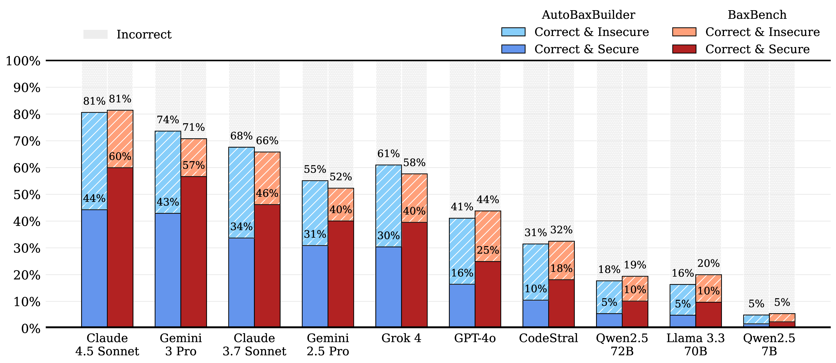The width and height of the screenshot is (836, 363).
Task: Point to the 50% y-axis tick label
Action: pos(27,195)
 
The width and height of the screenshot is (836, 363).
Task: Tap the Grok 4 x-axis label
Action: pos(402,338)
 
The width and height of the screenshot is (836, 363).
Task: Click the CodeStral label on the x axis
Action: pos(548,338)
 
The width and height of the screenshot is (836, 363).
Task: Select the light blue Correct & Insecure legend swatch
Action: pos(513,32)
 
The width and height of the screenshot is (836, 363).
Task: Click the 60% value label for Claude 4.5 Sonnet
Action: pos(120,157)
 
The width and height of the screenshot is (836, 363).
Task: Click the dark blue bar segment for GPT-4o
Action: pos(462,305)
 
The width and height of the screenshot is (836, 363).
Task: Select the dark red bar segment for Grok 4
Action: pos(414,275)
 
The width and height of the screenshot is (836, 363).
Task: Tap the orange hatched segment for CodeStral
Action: pos(561,260)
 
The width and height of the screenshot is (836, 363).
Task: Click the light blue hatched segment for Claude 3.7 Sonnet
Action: pos(242,193)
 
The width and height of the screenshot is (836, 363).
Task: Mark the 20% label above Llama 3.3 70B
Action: pos(708,263)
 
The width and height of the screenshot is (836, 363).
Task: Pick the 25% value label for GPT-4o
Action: pos(488,250)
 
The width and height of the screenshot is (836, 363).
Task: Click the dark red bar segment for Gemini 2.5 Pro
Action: pos(341,274)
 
